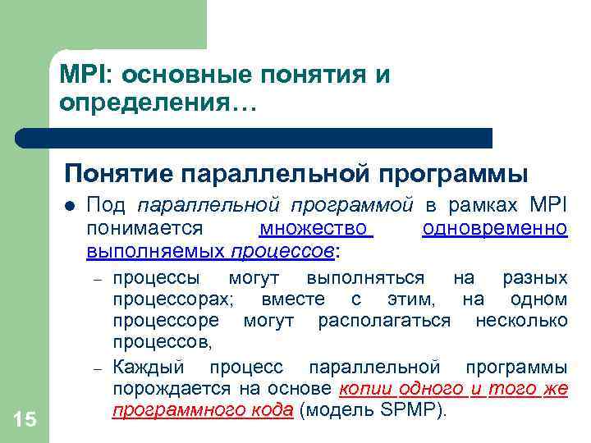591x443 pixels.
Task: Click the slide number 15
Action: [25, 420]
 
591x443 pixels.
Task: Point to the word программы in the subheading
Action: [465, 174]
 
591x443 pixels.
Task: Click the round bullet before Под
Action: [71, 205]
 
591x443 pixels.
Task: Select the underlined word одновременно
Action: [494, 227]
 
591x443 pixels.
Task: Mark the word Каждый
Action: [147, 366]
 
